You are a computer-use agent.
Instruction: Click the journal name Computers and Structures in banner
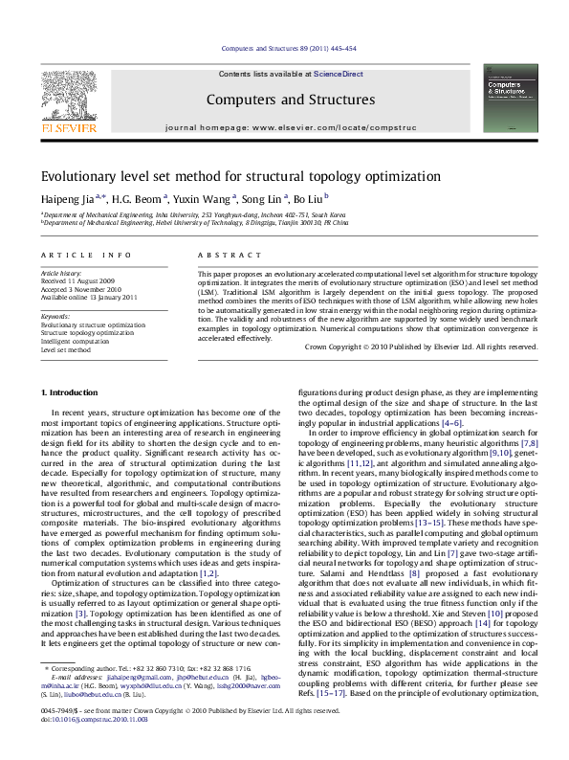pyautogui.click(x=290, y=100)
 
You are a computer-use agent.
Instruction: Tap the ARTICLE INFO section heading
pyautogui.click(x=86, y=255)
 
